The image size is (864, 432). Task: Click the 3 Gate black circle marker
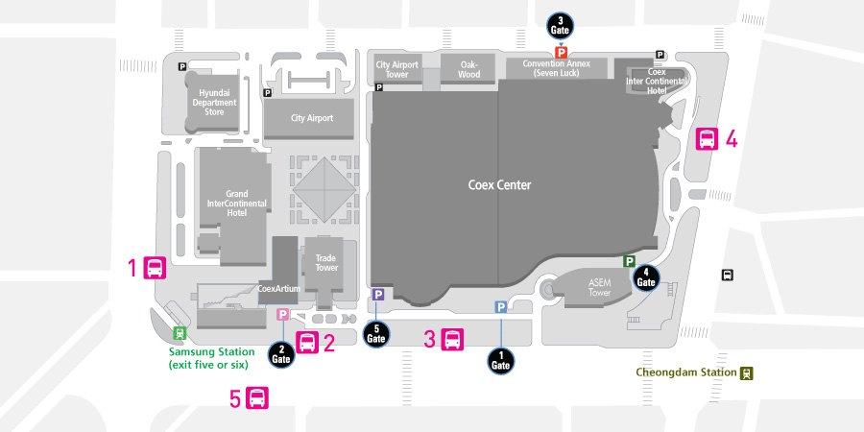click(x=561, y=26)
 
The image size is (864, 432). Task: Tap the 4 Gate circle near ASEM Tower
click(x=646, y=278)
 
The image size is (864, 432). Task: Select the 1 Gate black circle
click(x=501, y=361)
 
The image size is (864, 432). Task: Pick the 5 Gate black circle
click(x=375, y=334)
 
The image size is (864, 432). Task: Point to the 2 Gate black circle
click(x=282, y=354)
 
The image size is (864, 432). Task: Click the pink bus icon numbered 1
click(x=155, y=268)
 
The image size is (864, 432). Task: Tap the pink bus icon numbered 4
click(x=707, y=139)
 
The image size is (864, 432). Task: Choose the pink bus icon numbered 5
click(x=257, y=398)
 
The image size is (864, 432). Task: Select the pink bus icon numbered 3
click(x=452, y=340)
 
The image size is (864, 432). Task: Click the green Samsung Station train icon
click(x=180, y=333)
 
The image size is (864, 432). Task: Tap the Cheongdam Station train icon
click(x=747, y=373)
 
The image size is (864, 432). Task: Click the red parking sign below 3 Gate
click(x=561, y=53)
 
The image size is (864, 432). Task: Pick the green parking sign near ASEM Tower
click(x=629, y=261)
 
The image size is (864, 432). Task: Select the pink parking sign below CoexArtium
click(x=282, y=315)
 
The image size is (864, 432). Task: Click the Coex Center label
click(x=499, y=184)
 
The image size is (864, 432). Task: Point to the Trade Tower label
click(x=326, y=263)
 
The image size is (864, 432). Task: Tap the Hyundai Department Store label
click(x=214, y=103)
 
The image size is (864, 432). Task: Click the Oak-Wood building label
click(x=468, y=69)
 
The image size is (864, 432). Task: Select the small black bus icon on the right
click(x=728, y=275)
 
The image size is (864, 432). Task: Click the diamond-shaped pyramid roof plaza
click(x=324, y=189)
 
